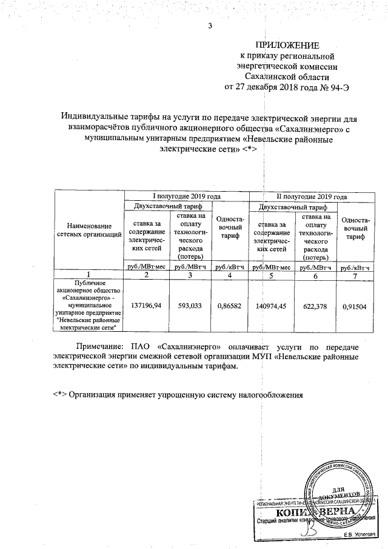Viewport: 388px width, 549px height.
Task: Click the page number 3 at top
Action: click(x=210, y=26)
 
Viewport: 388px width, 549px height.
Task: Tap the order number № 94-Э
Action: click(x=336, y=87)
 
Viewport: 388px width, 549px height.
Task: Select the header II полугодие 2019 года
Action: click(x=312, y=197)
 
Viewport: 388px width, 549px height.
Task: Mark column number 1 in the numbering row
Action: click(x=90, y=276)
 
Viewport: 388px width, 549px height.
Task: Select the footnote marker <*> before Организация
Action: click(x=59, y=394)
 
